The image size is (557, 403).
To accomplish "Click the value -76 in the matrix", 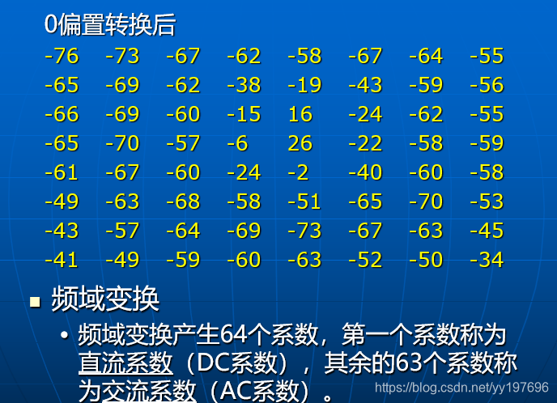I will pyautogui.click(x=62, y=56).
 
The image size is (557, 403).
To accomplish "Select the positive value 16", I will pyautogui.click(x=300, y=114).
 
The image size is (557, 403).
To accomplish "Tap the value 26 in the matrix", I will pyautogui.click(x=300, y=143).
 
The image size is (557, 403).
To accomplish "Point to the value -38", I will pyautogui.click(x=244, y=85).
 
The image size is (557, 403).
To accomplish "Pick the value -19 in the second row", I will pyautogui.click(x=304, y=85).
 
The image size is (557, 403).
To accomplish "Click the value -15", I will pyautogui.click(x=244, y=114).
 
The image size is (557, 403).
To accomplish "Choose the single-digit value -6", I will pyautogui.click(x=237, y=143).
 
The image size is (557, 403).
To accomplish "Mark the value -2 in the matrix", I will pyautogui.click(x=298, y=172).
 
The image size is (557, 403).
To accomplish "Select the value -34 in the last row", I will pyautogui.click(x=487, y=260).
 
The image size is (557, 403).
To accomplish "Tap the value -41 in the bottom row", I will pyautogui.click(x=62, y=260).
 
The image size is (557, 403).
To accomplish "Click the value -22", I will pyautogui.click(x=365, y=143).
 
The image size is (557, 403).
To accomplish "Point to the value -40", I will pyautogui.click(x=365, y=172).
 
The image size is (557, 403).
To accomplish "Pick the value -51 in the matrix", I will pyautogui.click(x=304, y=201).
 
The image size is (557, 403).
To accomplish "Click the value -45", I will pyautogui.click(x=487, y=231).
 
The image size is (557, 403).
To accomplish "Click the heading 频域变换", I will pyautogui.click(x=105, y=299).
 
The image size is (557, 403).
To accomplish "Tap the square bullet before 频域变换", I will pyautogui.click(x=35, y=303).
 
